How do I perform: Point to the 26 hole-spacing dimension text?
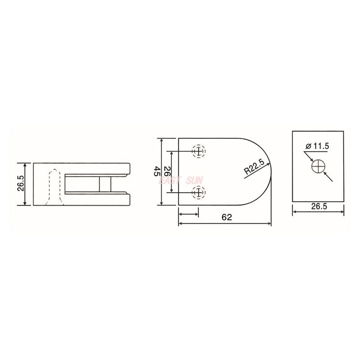click(x=166, y=171)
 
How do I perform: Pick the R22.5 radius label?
click(x=254, y=169)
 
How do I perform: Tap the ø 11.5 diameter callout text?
click(x=317, y=146)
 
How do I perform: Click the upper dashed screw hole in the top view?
click(x=198, y=151)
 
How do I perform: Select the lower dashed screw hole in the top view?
click(x=198, y=192)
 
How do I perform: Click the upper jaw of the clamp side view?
click(x=97, y=169)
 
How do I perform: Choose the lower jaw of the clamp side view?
click(x=97, y=199)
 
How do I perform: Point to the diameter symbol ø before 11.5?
click(x=307, y=146)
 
